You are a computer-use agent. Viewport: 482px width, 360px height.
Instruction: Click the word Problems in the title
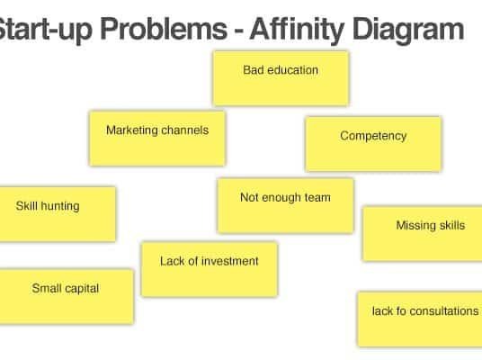[164, 30]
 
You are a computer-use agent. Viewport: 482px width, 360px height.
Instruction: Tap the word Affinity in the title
[297, 30]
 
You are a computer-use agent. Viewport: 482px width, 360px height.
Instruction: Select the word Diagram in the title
[408, 30]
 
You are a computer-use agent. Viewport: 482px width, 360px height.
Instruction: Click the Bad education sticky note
[281, 78]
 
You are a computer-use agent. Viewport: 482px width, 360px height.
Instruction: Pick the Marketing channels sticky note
[157, 139]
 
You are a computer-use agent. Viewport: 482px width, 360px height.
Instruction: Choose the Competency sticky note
[373, 144]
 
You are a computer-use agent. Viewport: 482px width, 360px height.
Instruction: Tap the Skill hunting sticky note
[58, 214]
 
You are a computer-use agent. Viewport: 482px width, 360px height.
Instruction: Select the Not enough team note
[286, 206]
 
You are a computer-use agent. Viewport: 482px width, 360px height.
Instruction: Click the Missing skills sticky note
[423, 234]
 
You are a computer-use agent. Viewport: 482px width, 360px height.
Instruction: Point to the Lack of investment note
[210, 269]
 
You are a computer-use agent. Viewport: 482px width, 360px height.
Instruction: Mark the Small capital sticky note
[67, 296]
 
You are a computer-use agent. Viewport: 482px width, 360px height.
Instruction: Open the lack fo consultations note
[420, 319]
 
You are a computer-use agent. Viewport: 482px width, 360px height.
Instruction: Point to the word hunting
[60, 206]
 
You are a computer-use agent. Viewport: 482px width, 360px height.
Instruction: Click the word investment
[230, 261]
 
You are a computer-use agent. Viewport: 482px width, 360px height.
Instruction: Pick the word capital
[82, 289]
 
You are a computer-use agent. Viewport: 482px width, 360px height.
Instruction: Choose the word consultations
[444, 311]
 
